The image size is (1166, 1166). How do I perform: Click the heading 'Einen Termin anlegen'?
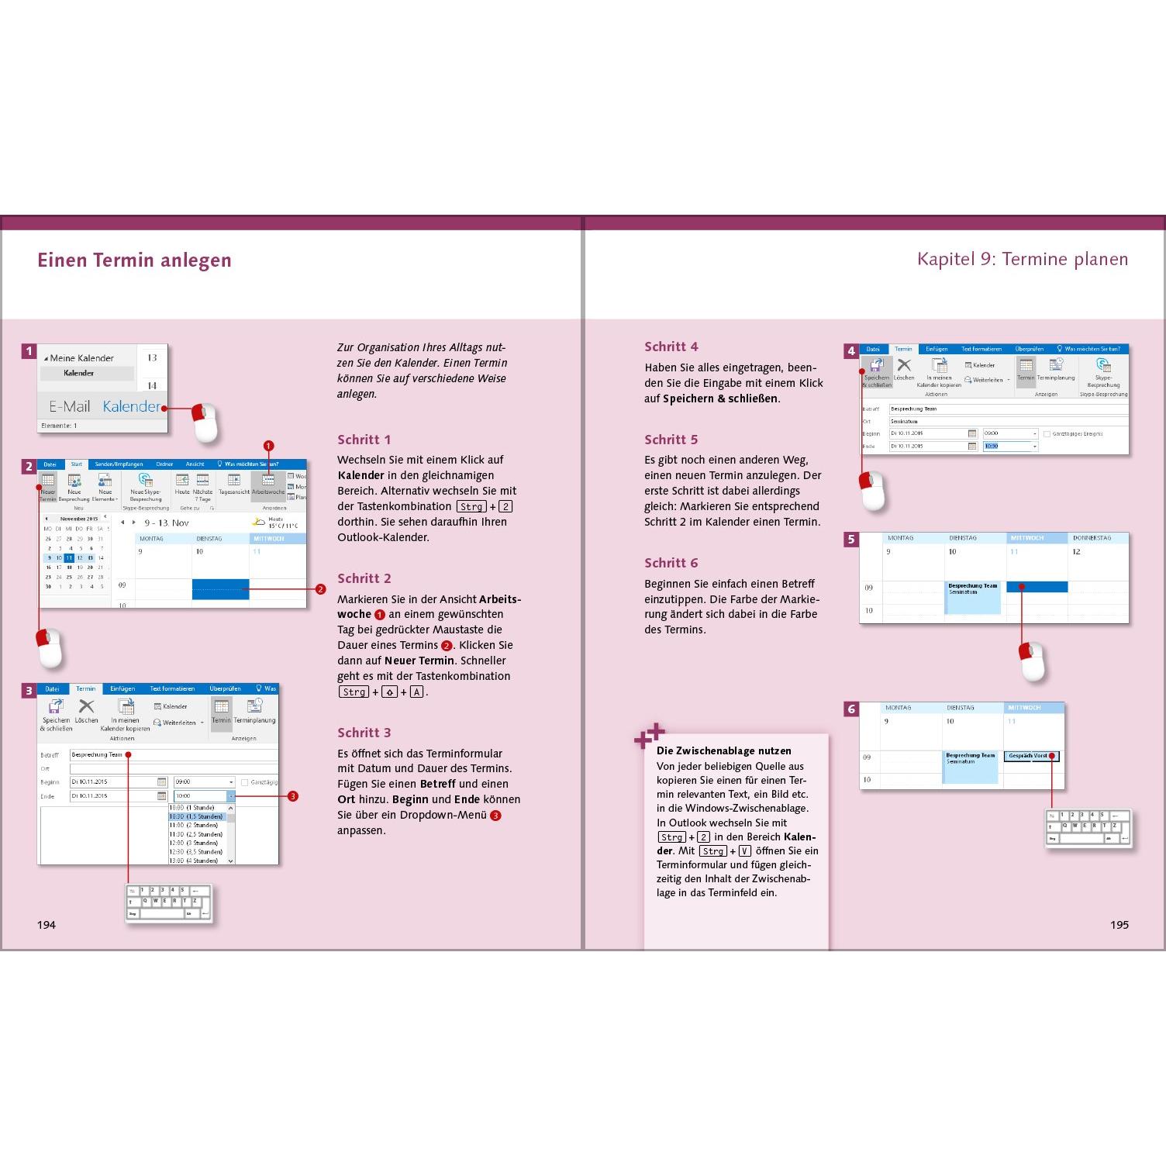[134, 260]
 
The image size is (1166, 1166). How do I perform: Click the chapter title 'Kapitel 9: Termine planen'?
[1022, 259]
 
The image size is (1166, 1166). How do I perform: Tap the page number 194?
[47, 924]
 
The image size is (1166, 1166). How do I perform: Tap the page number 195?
[1119, 924]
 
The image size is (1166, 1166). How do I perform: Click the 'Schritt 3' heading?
[364, 733]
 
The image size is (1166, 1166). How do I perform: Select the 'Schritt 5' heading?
[671, 440]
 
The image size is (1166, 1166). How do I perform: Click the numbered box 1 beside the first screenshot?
[29, 351]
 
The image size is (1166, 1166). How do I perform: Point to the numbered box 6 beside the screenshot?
[851, 709]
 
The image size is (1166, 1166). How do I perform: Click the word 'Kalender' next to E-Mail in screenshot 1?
[131, 406]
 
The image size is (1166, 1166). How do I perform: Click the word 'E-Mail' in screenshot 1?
[69, 406]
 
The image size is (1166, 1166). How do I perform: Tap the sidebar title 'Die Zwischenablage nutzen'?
[723, 750]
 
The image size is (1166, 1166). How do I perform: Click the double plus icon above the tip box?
[650, 735]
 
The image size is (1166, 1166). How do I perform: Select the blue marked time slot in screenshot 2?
[220, 588]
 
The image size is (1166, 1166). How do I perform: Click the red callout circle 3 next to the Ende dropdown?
[293, 796]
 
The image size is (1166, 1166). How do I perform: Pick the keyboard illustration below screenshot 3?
[168, 903]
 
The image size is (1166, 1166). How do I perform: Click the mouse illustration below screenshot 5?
[1032, 661]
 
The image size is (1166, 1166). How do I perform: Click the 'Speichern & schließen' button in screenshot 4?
[877, 371]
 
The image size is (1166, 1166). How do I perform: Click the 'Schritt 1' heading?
[364, 440]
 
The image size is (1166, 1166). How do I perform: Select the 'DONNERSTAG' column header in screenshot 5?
[1092, 538]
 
